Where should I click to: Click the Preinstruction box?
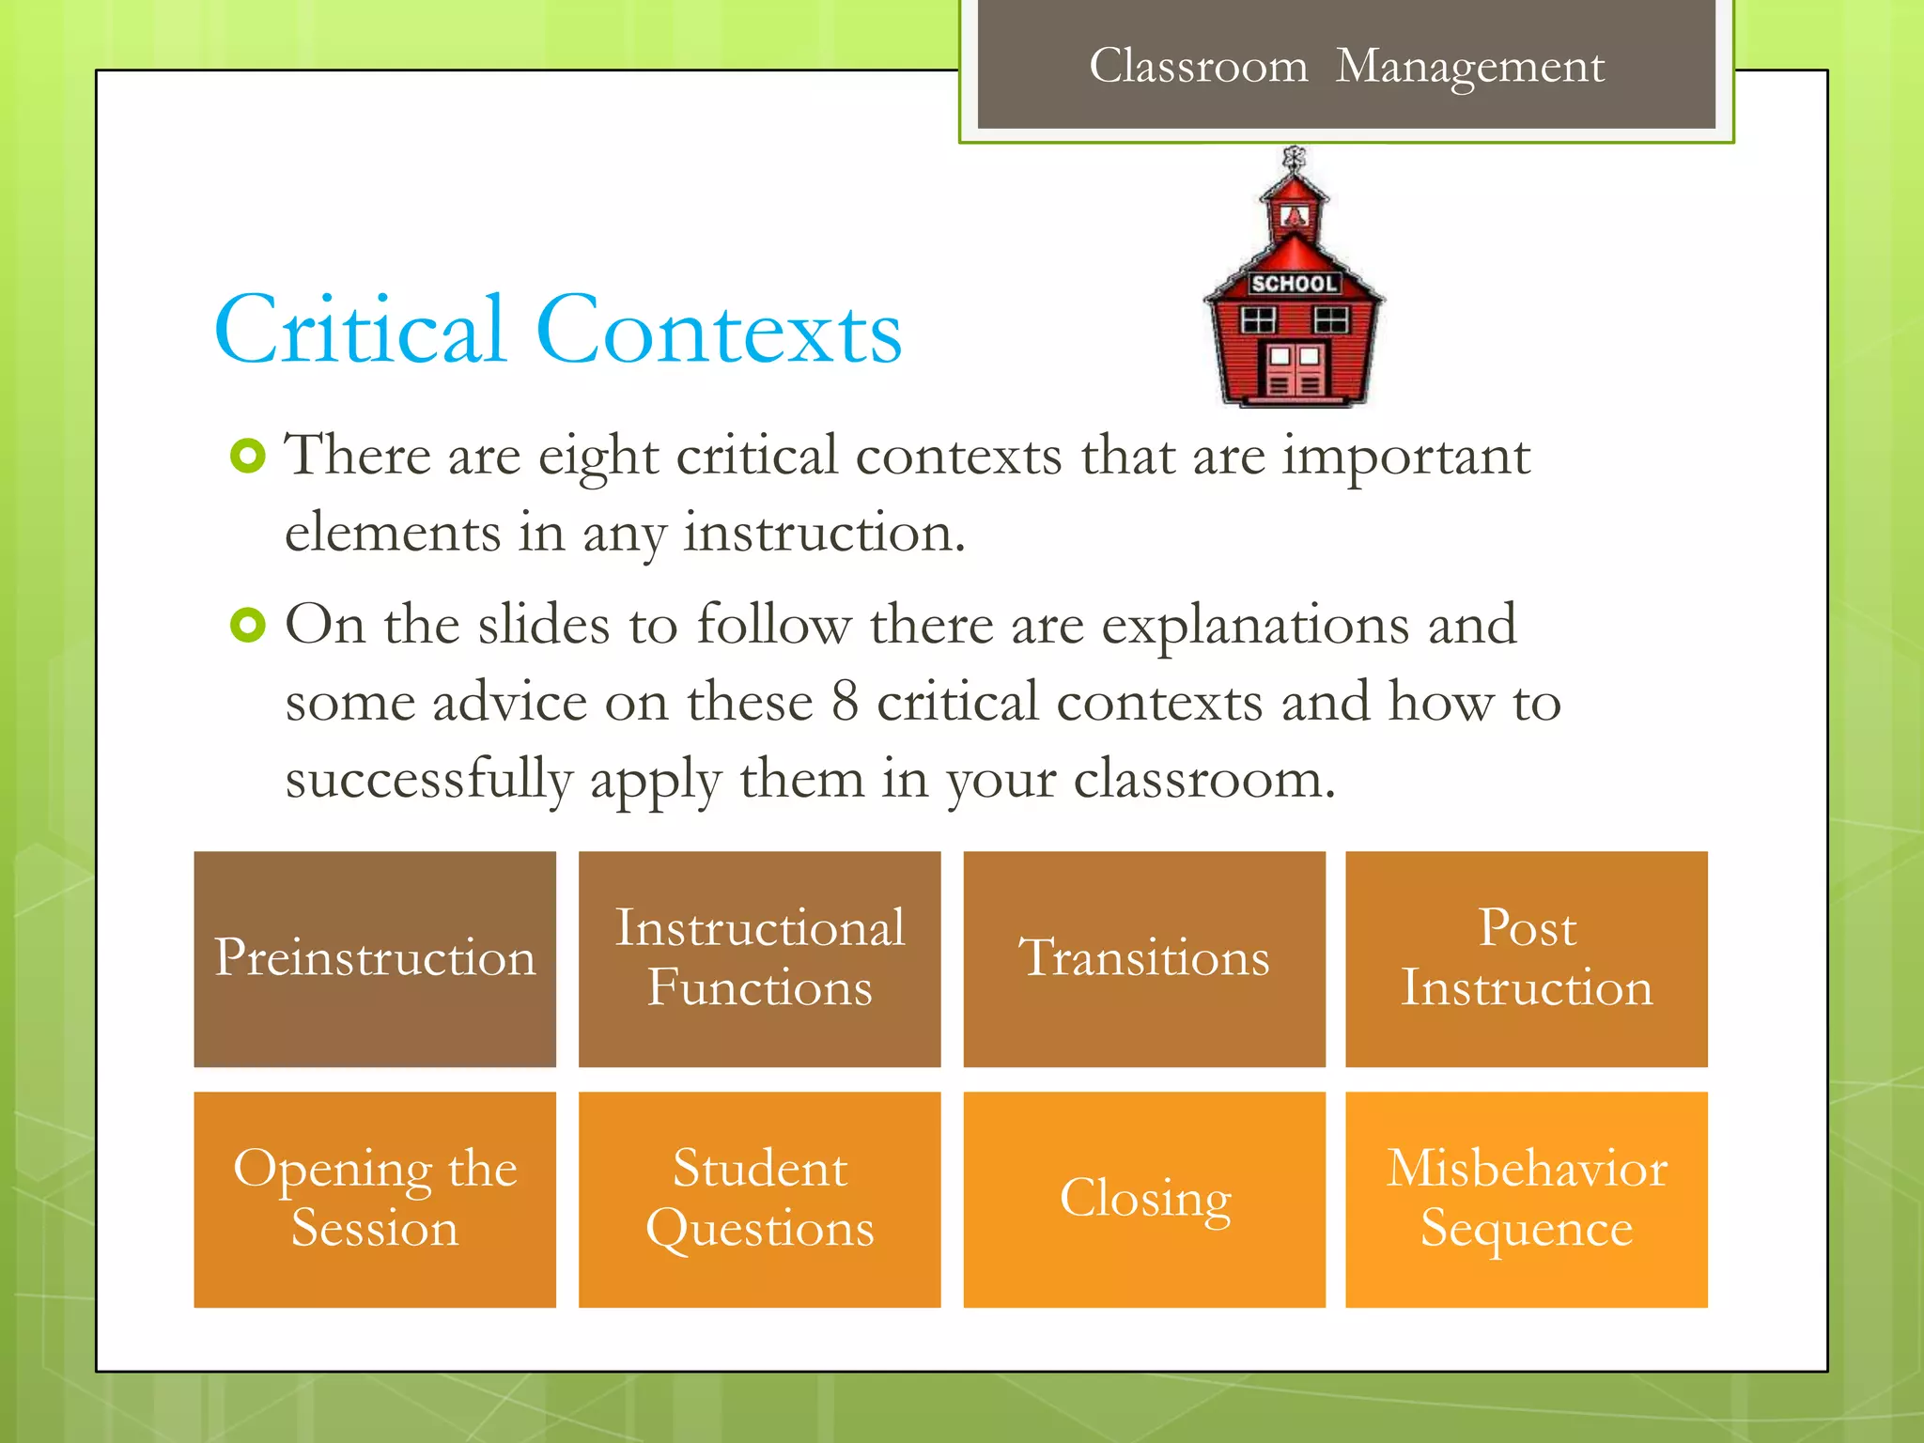pyautogui.click(x=375, y=958)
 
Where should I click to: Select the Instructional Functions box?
pyautogui.click(x=759, y=958)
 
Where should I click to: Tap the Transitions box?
pyautogui.click(x=1144, y=958)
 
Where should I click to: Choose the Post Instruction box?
pyautogui.click(x=1527, y=958)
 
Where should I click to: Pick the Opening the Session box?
pyautogui.click(x=375, y=1199)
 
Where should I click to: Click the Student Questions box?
pyautogui.click(x=759, y=1199)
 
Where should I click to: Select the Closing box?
pyautogui.click(x=1144, y=1199)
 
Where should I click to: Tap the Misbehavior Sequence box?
pyautogui.click(x=1527, y=1199)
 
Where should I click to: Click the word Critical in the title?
pyautogui.click(x=362, y=331)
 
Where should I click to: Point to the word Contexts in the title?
pyautogui.click(x=719, y=331)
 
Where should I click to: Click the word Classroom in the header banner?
pyautogui.click(x=1198, y=67)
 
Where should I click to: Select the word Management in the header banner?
pyautogui.click(x=1470, y=67)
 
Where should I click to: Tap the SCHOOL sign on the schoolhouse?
pyautogui.click(x=1294, y=284)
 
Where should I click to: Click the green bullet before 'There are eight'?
pyautogui.click(x=248, y=457)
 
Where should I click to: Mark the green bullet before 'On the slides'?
pyautogui.click(x=248, y=625)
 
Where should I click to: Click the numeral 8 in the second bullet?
pyautogui.click(x=845, y=702)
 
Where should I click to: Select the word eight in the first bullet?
pyautogui.click(x=598, y=458)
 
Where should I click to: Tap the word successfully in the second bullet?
pyautogui.click(x=428, y=780)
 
